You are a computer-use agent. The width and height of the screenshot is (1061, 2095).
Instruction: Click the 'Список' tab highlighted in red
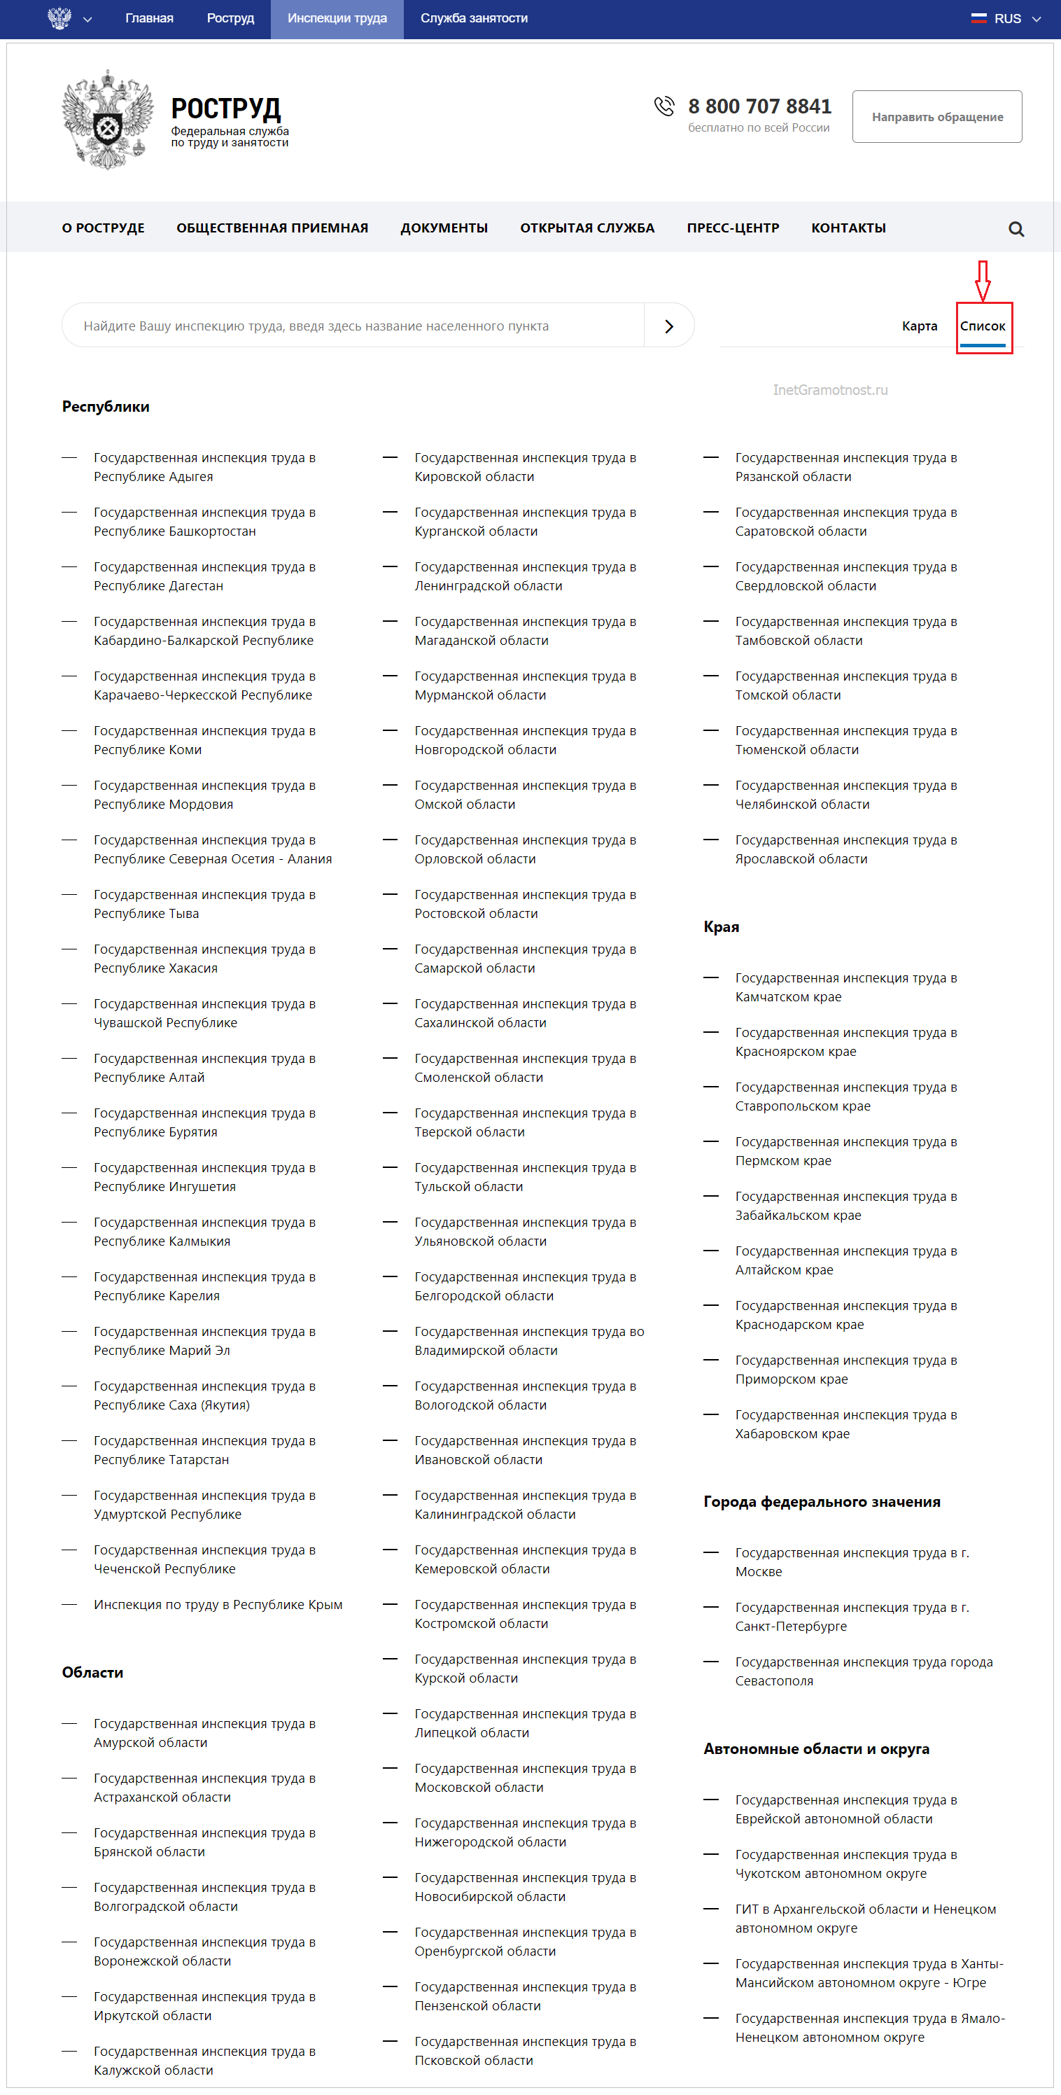click(982, 326)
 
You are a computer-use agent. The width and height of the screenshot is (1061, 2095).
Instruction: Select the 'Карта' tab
click(919, 326)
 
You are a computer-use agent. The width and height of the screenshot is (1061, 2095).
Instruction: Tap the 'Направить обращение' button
click(936, 117)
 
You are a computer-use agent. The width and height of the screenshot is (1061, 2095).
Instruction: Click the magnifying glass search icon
click(1016, 230)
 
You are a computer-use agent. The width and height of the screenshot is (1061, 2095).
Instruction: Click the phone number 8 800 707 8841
click(759, 106)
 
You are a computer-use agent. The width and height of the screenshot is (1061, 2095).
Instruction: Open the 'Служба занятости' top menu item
click(474, 19)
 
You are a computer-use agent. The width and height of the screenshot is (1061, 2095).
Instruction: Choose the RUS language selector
click(1006, 19)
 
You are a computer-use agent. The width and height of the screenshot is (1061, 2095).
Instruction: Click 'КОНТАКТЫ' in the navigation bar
click(848, 228)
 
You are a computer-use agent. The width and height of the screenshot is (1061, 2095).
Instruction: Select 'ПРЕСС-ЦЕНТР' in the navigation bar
click(733, 228)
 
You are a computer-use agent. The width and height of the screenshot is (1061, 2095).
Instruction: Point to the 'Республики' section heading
click(106, 407)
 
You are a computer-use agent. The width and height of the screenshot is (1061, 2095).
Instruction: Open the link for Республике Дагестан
click(204, 576)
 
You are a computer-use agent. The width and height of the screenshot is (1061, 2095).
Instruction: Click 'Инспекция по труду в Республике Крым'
click(218, 1605)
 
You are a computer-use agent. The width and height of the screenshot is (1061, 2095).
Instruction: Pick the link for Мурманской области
click(524, 685)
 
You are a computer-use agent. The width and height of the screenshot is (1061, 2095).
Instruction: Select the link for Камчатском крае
click(845, 987)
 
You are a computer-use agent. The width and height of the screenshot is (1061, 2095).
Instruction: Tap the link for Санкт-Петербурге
click(851, 1617)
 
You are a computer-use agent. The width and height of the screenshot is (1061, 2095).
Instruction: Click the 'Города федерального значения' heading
click(821, 1502)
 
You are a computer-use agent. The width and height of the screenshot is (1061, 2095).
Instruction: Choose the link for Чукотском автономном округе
click(845, 1864)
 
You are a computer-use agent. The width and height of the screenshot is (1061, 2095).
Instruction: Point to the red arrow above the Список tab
click(982, 281)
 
